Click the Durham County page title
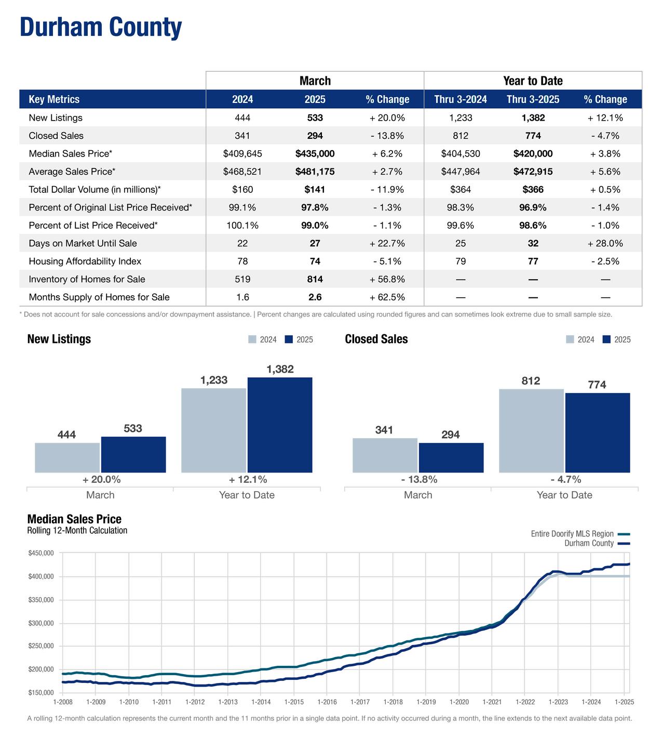pos(101,27)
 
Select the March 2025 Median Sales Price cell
pos(315,154)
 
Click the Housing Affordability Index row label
pos(85,261)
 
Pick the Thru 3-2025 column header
pos(533,99)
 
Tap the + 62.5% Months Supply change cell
pos(387,297)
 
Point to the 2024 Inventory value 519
pos(242,280)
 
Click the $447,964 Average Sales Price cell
pos(461,172)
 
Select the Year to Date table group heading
pos(533,81)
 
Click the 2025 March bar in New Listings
pos(133,455)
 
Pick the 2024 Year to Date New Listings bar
pos(213,430)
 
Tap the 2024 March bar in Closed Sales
pos(385,455)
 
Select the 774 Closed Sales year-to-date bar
pos(597,432)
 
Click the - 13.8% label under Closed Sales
pos(419,479)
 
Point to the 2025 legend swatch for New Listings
pos(289,339)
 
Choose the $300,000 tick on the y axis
pos(41,623)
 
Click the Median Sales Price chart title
pos(74,519)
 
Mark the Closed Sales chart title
pos(376,339)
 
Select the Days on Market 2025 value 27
pos(315,243)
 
